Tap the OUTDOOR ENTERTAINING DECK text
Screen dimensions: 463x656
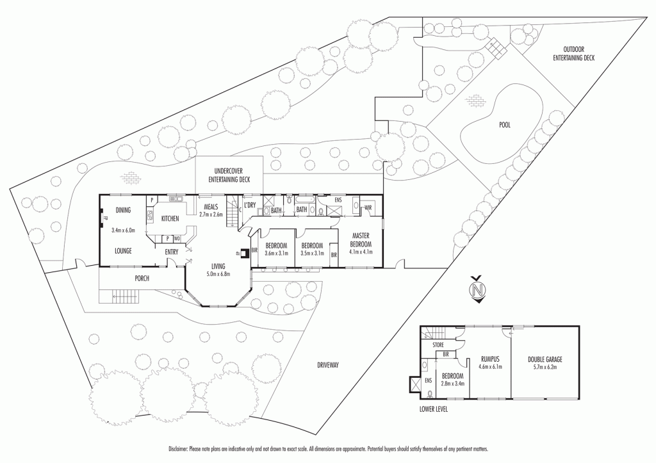tap(573, 53)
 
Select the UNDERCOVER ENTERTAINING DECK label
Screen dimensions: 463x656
tap(229, 176)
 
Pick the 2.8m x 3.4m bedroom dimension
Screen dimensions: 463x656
tap(452, 384)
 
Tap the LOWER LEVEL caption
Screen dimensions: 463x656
tap(434, 407)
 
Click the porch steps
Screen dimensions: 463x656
tap(126, 296)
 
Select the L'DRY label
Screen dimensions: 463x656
tap(250, 205)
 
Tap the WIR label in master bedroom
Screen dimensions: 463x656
tap(368, 208)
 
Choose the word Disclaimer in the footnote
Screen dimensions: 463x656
tap(182, 448)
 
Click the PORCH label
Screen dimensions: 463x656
tap(142, 278)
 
